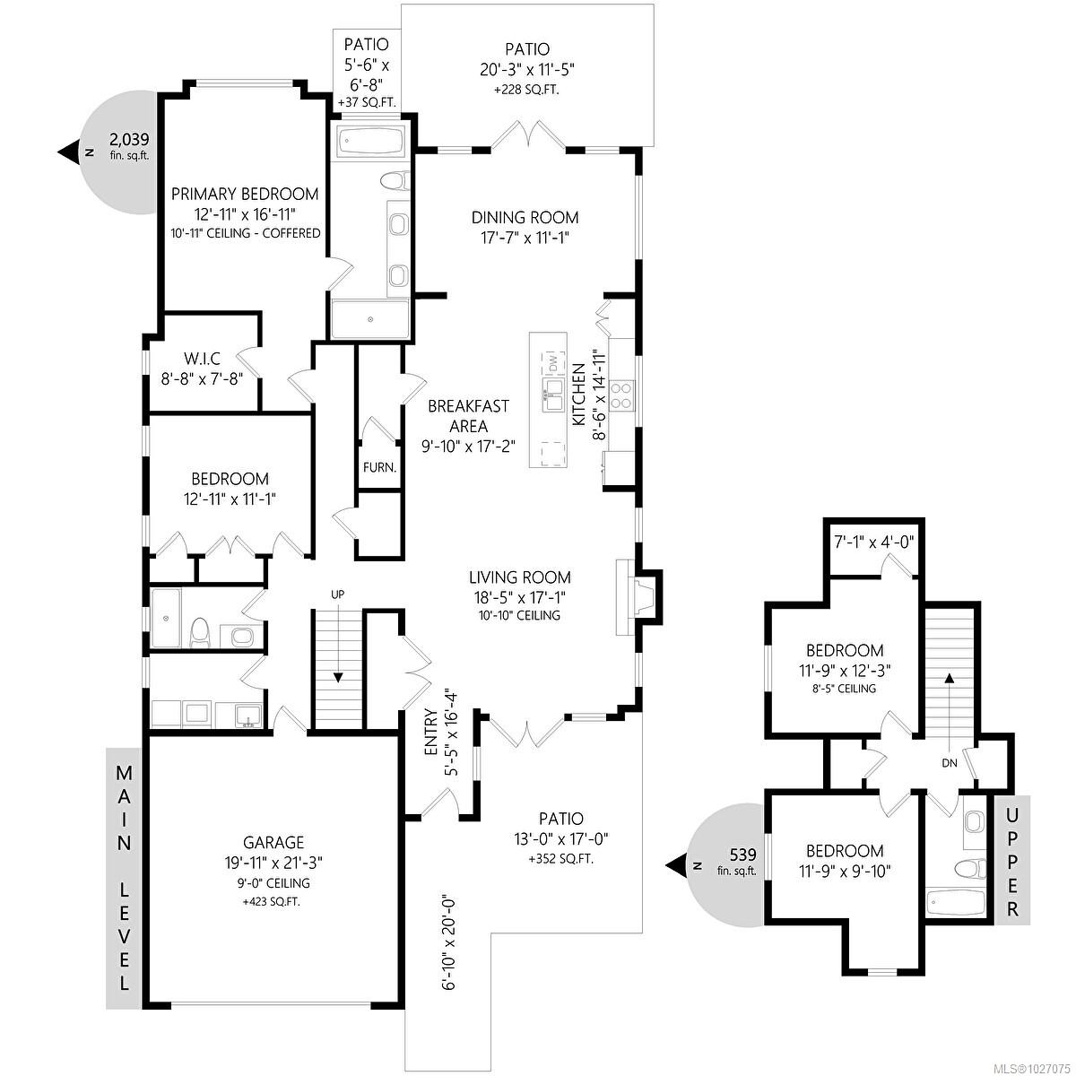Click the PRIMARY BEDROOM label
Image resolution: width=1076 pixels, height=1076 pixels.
click(245, 195)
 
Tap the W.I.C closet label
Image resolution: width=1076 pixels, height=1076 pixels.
click(202, 358)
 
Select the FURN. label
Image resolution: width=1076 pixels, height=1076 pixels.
click(379, 467)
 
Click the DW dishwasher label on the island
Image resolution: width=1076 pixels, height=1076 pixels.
click(553, 363)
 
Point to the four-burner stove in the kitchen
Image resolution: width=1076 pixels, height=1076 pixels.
click(622, 395)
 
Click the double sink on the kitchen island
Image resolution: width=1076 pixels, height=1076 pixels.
click(553, 395)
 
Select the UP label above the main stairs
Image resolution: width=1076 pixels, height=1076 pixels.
click(337, 594)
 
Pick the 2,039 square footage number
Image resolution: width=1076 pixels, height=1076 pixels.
click(129, 139)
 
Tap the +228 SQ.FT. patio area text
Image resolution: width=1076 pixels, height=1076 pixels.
click(527, 90)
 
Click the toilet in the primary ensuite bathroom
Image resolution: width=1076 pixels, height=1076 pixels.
click(395, 180)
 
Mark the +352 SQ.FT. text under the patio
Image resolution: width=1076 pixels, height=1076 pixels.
click(561, 860)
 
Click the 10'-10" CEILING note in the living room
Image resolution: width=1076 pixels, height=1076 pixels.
click(520, 615)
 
